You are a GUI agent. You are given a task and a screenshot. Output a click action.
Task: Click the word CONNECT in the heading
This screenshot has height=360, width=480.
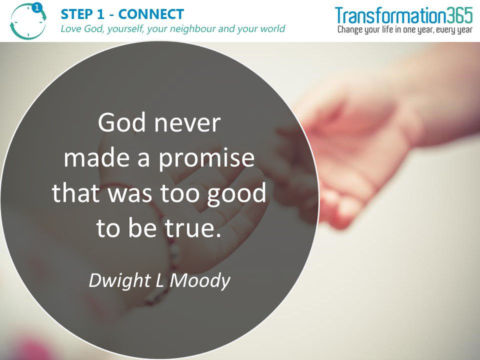(151, 14)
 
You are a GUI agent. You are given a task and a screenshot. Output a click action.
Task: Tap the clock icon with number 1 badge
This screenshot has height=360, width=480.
(28, 21)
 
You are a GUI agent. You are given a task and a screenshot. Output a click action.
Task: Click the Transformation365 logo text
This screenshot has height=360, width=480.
(404, 15)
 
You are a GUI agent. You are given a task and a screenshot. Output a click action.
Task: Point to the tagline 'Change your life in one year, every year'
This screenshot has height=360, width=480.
(405, 29)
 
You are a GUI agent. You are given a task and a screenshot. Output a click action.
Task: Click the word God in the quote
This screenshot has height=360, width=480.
(121, 122)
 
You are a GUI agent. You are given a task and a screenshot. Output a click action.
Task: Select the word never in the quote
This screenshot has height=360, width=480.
(187, 123)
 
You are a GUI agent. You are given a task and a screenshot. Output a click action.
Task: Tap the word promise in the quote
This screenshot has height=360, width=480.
(207, 159)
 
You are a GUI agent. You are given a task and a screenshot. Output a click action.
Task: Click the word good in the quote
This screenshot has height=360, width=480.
(236, 194)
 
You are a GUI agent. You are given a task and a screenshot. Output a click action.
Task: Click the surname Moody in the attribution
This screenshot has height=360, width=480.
(200, 280)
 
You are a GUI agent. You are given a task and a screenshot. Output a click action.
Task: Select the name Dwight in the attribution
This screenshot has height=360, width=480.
(120, 280)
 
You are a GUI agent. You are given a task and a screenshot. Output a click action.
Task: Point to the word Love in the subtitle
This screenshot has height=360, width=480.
(71, 29)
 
